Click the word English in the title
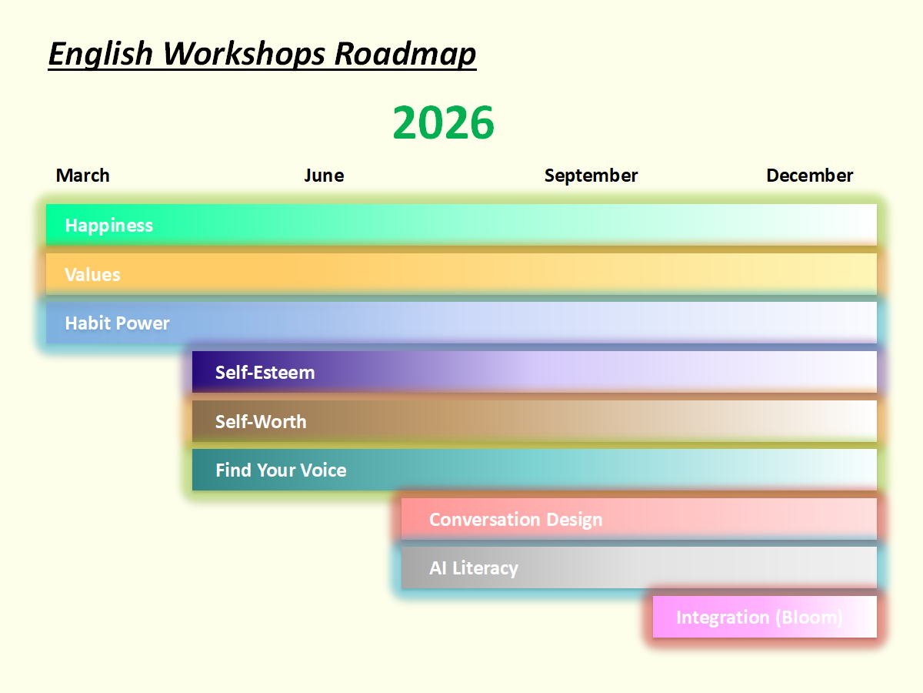pyautogui.click(x=101, y=54)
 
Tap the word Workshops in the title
pyautogui.click(x=245, y=54)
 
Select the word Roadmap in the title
pyautogui.click(x=405, y=54)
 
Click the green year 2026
pyautogui.click(x=443, y=122)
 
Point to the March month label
pyautogui.click(x=83, y=175)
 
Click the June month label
pyautogui.click(x=325, y=175)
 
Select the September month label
pyautogui.click(x=591, y=176)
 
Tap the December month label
pyautogui.click(x=809, y=175)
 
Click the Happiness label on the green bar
pyautogui.click(x=109, y=226)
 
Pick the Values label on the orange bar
pyautogui.click(x=92, y=274)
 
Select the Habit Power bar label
pyautogui.click(x=118, y=323)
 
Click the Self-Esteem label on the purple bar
pyautogui.click(x=265, y=373)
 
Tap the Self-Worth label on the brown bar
pyautogui.click(x=261, y=422)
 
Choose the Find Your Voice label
pyautogui.click(x=281, y=470)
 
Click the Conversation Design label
pyautogui.click(x=515, y=520)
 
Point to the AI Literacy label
pyautogui.click(x=474, y=568)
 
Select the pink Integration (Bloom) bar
pyautogui.click(x=765, y=617)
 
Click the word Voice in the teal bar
pyautogui.click(x=323, y=470)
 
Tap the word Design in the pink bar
pyautogui.click(x=575, y=520)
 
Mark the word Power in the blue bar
pyautogui.click(x=143, y=323)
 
